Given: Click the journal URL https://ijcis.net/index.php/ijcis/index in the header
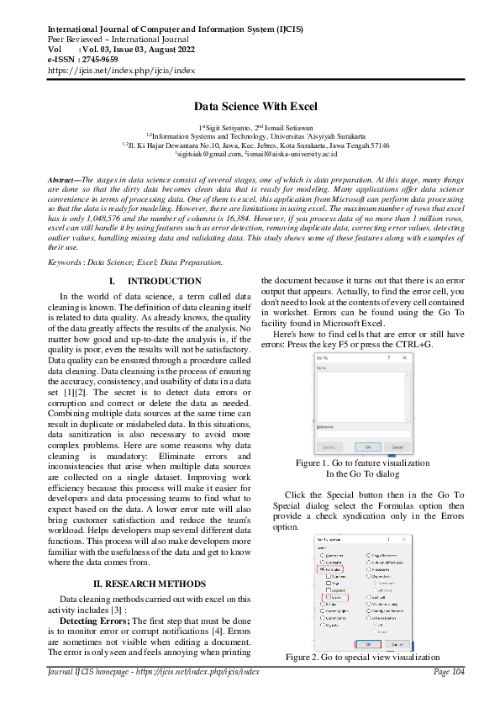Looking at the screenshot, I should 122,71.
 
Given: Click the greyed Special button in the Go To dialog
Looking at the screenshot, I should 328,446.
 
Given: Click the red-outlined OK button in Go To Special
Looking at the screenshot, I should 367,643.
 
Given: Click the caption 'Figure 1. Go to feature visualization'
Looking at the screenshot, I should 362,462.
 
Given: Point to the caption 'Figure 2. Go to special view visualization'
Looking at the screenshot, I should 362,656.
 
